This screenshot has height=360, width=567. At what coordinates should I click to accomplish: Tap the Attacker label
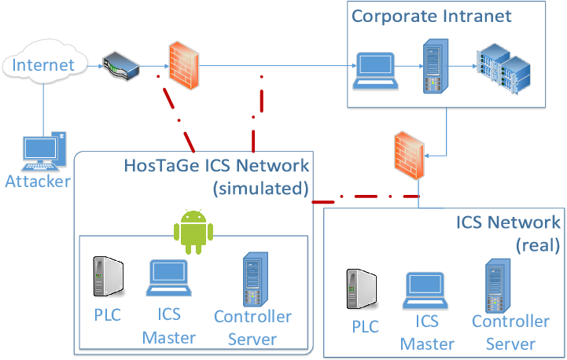click(38, 182)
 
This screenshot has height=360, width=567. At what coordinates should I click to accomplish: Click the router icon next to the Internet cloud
click(121, 66)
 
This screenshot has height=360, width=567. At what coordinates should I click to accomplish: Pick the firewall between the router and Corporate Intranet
click(184, 65)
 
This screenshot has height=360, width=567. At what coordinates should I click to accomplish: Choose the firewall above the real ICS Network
click(409, 156)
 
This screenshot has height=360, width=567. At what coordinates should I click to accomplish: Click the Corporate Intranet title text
click(432, 17)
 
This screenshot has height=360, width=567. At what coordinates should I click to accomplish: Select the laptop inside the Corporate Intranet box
click(375, 71)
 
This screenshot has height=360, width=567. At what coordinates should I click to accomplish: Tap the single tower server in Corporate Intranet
click(436, 66)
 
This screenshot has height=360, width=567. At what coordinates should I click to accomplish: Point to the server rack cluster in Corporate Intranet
click(504, 68)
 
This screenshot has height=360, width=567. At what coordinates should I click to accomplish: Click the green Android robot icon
click(193, 232)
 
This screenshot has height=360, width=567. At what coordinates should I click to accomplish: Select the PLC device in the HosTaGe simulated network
click(109, 277)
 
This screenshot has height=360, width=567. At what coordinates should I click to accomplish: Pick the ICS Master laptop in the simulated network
click(169, 278)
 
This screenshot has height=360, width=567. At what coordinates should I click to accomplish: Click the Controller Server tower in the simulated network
click(256, 279)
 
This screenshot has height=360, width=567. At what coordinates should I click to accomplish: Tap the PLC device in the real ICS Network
click(362, 288)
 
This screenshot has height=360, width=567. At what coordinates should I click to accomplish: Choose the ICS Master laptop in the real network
click(425, 291)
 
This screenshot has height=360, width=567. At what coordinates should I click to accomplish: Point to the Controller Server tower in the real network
click(498, 286)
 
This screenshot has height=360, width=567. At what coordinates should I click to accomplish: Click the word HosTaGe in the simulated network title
click(161, 166)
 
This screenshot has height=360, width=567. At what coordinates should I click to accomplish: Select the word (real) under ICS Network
click(538, 245)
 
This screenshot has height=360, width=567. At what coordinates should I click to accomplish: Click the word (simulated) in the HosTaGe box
click(261, 189)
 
